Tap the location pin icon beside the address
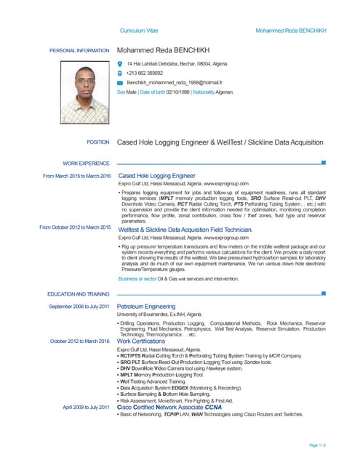point(121,64)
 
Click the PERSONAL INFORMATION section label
point(79,51)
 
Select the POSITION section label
point(97,143)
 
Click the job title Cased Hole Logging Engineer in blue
point(156,176)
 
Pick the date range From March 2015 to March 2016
point(76,177)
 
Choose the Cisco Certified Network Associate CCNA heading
point(169,408)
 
